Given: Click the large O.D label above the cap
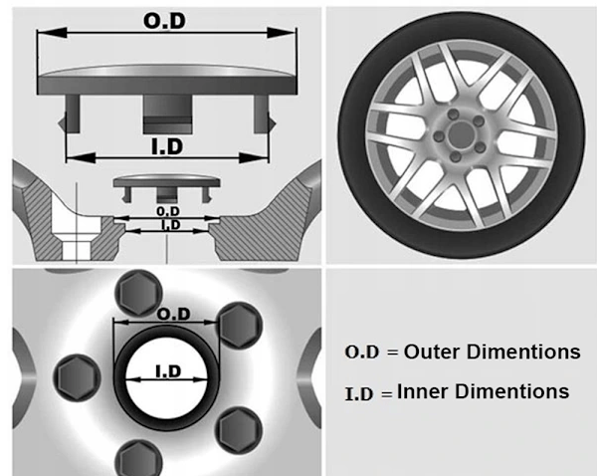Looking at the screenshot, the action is tap(165, 21).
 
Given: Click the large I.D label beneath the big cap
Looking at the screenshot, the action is tap(167, 146).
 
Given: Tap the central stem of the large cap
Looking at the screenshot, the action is tap(167, 114).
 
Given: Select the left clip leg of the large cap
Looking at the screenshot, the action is tap(71, 114).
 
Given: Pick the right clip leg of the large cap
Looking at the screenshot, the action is tap(264, 114).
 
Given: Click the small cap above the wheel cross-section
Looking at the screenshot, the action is tap(167, 187).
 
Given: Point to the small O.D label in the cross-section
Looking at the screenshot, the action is tap(168, 211).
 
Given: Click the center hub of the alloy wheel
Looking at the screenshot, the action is tap(461, 134).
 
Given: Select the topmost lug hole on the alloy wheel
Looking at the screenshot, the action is tap(454, 115).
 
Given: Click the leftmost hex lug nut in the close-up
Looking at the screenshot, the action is tap(78, 377).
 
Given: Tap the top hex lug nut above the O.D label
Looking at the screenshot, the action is tap(139, 293).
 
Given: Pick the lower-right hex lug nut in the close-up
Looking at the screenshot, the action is tap(239, 430).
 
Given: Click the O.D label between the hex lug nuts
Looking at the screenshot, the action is tap(173, 315).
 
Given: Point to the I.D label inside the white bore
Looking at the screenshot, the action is tap(168, 370).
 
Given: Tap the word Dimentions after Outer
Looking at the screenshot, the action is tap(524, 352).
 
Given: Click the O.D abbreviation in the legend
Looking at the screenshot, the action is tap(362, 353).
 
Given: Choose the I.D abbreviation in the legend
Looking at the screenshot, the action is tap(358, 393).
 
